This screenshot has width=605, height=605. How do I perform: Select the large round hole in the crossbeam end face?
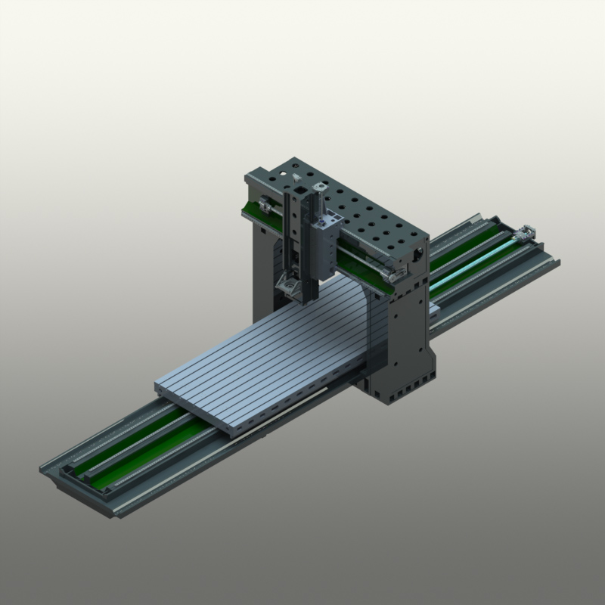pos(418,258)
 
